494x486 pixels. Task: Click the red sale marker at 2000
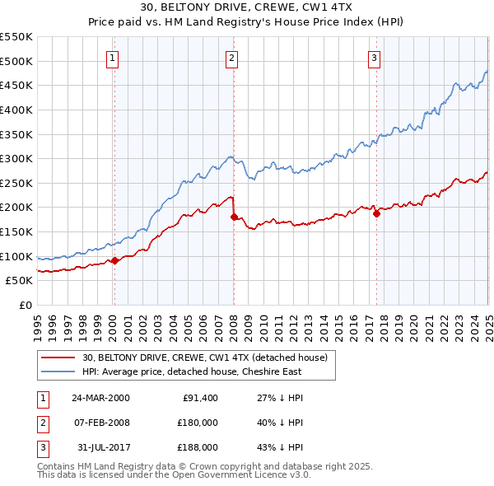[x=114, y=260]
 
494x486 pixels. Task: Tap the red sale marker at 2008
[x=234, y=217]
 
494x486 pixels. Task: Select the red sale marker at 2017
[x=376, y=213]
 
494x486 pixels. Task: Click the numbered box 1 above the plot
[x=112, y=58]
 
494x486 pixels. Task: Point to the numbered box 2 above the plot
[x=232, y=58]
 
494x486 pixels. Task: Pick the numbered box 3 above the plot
[x=374, y=58]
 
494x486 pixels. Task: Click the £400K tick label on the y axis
[x=16, y=110]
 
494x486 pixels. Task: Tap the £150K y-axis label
[x=16, y=232]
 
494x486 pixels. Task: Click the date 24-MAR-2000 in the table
[x=100, y=398]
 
